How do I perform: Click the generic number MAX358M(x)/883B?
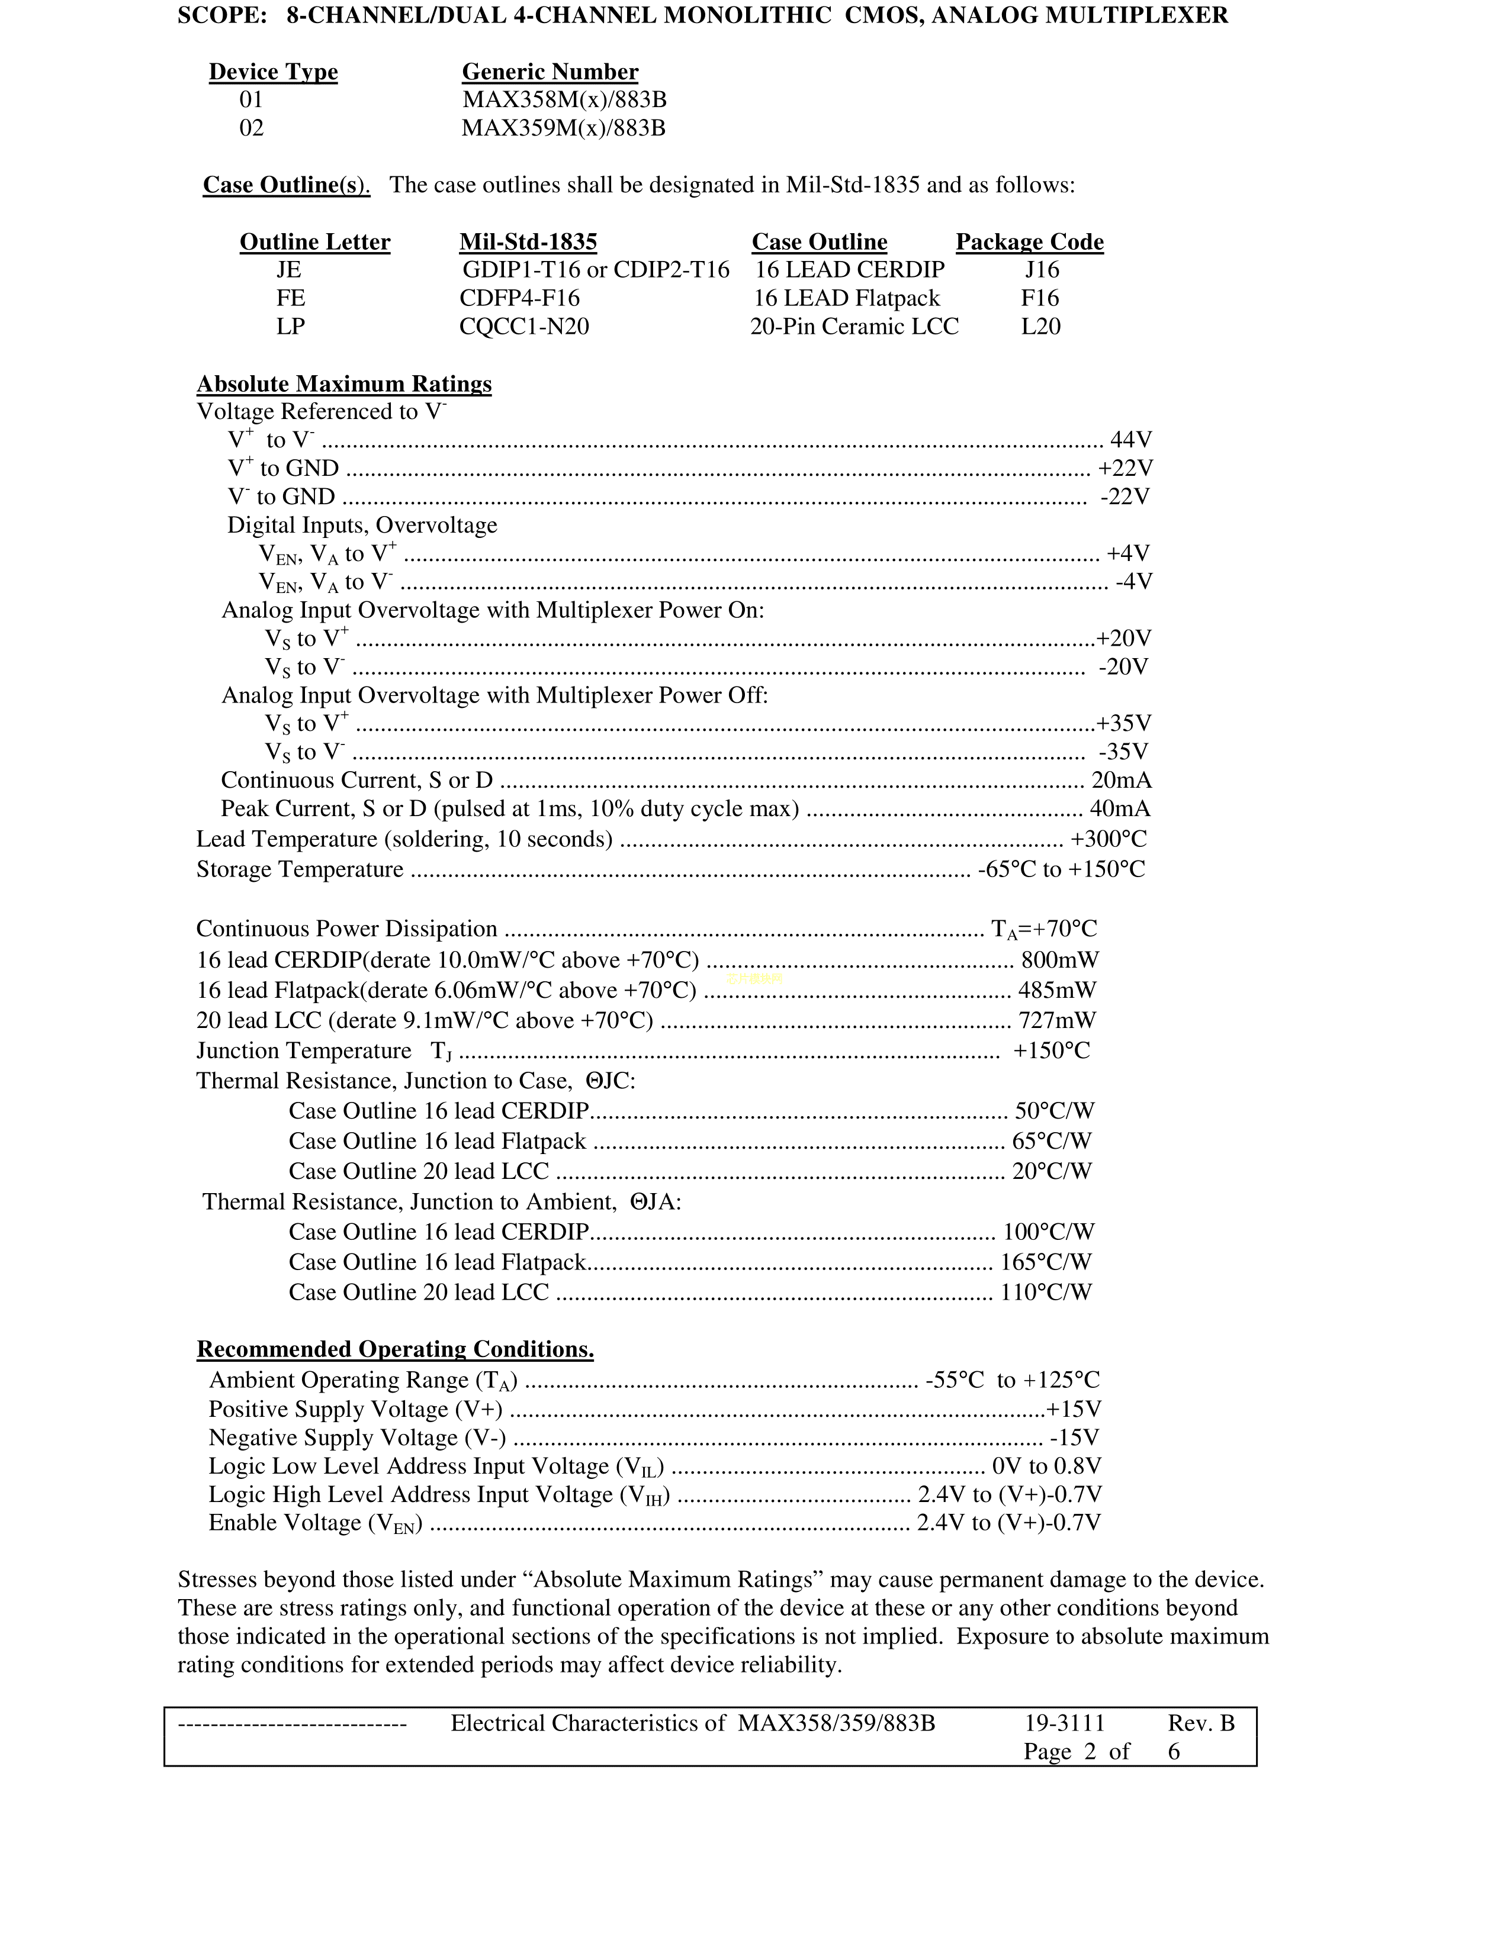click(x=564, y=99)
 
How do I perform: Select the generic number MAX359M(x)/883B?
click(x=564, y=128)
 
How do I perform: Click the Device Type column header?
click(x=273, y=72)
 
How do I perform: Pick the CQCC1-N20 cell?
click(x=524, y=327)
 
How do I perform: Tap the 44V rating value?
click(x=1130, y=440)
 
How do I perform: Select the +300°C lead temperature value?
click(x=1109, y=839)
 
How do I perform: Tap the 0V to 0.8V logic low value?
click(x=1046, y=1466)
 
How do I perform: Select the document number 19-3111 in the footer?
click(x=1065, y=1723)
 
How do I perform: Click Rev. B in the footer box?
click(x=1200, y=1723)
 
